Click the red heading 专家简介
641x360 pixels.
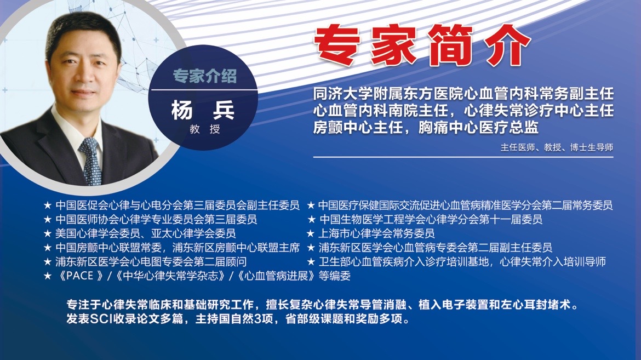coord(422,45)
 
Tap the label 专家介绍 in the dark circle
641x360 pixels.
coord(204,76)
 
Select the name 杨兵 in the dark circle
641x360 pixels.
coord(203,110)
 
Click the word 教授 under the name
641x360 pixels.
coord(204,129)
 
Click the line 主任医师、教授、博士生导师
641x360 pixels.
coord(557,147)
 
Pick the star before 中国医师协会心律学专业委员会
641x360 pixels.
coord(48,220)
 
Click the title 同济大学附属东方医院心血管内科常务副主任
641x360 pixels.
coord(463,94)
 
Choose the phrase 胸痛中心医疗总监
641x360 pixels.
coord(478,127)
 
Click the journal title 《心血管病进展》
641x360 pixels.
coord(276,276)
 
